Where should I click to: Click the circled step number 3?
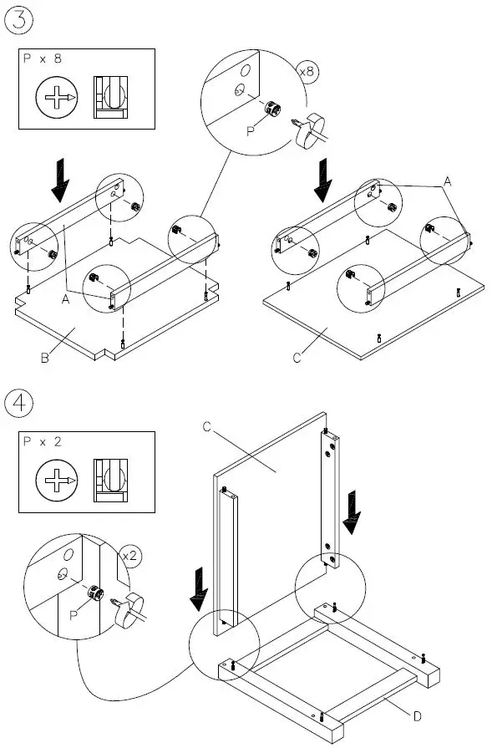click(x=19, y=20)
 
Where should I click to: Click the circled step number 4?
click(x=19, y=403)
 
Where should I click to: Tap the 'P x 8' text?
click(x=43, y=59)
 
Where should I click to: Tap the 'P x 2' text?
click(x=43, y=442)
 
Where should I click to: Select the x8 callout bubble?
click(x=307, y=72)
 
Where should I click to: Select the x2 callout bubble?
click(x=129, y=556)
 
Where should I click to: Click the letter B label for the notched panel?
click(x=45, y=358)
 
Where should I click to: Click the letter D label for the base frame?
click(x=417, y=716)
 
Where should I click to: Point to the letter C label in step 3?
click(x=297, y=358)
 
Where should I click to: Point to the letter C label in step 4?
click(x=206, y=426)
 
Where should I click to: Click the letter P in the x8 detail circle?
click(x=251, y=131)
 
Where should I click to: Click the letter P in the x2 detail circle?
click(x=73, y=615)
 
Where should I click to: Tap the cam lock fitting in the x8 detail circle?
click(x=274, y=109)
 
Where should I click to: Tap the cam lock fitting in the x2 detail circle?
click(x=96, y=593)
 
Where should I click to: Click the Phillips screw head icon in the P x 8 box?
click(x=57, y=97)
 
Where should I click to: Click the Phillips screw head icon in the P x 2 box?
click(x=57, y=480)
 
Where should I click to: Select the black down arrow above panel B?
click(x=60, y=181)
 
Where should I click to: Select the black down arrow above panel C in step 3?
click(x=323, y=181)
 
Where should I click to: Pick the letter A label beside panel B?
click(x=66, y=299)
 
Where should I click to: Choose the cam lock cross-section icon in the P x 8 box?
click(x=110, y=97)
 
